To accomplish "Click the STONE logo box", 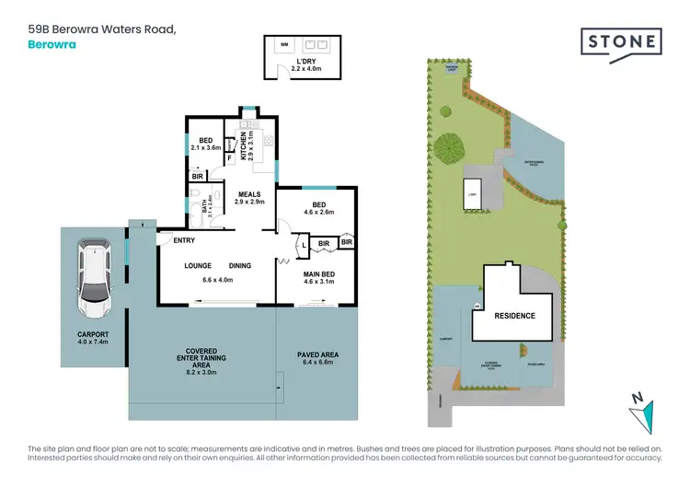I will click(x=622, y=41).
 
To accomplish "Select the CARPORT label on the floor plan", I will click(x=93, y=334).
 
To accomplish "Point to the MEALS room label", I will click(x=249, y=194).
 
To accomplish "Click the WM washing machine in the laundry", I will click(x=283, y=43).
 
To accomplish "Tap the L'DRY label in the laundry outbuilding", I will click(x=304, y=63).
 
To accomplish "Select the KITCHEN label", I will click(x=243, y=143).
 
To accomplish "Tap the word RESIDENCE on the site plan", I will click(x=515, y=315).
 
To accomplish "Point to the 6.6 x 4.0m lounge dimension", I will click(x=218, y=279).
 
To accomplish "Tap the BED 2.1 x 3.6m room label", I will click(x=207, y=145).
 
